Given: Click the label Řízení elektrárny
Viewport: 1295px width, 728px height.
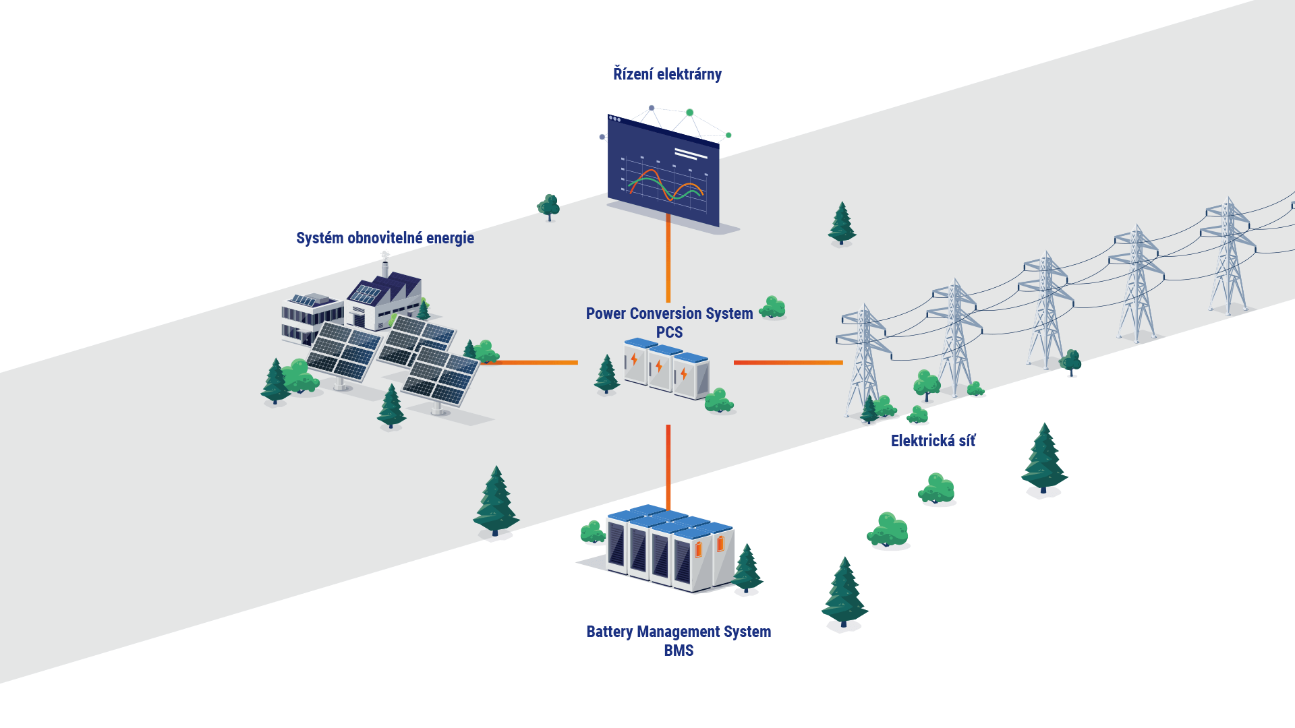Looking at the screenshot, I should (x=667, y=74).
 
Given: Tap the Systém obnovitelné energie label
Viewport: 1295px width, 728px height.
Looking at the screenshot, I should (x=385, y=238).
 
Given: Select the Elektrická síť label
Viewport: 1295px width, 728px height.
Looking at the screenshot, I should (x=933, y=441).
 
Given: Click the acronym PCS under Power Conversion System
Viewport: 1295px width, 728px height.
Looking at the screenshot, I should (x=669, y=332).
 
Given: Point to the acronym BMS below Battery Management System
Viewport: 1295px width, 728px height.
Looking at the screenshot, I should (x=679, y=650).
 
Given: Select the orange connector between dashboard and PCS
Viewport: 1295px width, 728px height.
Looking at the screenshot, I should (x=668, y=260).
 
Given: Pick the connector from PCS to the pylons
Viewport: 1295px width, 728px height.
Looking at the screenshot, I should (x=788, y=363).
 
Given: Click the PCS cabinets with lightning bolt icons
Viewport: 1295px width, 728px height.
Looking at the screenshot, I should (x=666, y=369).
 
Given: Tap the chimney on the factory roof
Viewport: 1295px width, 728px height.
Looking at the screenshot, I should (x=385, y=265).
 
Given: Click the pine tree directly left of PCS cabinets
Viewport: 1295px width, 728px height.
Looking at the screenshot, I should (x=606, y=374).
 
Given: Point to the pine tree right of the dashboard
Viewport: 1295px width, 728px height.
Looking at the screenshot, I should (x=842, y=223).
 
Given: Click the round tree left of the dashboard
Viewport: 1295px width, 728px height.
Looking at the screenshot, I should (x=548, y=207).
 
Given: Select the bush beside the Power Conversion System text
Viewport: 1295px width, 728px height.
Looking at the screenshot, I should (x=772, y=308).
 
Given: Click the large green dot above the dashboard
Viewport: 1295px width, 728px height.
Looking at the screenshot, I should (x=689, y=113).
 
